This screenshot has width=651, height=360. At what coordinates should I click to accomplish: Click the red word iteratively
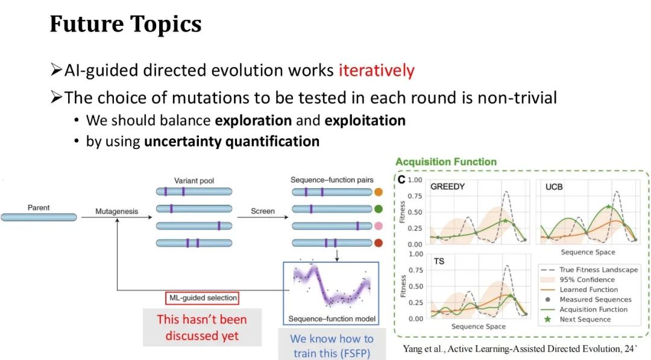377,71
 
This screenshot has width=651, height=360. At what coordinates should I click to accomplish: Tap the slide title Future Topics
125,24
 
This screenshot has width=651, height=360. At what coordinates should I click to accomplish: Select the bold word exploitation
365,121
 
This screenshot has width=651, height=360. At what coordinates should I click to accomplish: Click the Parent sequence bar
39,217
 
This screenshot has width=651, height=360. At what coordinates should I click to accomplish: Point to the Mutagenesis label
117,211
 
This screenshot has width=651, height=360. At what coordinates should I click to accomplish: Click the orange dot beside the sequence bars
378,192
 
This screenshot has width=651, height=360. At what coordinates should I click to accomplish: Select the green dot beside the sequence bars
378,209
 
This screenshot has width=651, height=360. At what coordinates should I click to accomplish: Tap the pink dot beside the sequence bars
378,226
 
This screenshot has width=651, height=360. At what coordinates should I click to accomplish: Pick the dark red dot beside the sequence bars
378,243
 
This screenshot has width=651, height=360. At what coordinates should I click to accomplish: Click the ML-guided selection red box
203,298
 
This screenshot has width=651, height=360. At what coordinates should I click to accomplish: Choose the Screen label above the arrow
263,211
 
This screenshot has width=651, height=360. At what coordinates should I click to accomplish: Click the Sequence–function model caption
332,319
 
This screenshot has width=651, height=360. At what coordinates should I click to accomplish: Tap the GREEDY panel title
447,186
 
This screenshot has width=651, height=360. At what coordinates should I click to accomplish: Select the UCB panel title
554,187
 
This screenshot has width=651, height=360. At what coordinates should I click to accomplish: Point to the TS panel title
439,261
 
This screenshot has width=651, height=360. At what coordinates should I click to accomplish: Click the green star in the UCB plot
608,206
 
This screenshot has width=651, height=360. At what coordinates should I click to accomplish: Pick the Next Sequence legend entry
577,320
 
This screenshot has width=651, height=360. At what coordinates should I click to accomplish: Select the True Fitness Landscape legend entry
590,270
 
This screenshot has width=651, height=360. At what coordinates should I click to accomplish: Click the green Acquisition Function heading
446,162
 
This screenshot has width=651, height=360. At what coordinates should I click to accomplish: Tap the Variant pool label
194,181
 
